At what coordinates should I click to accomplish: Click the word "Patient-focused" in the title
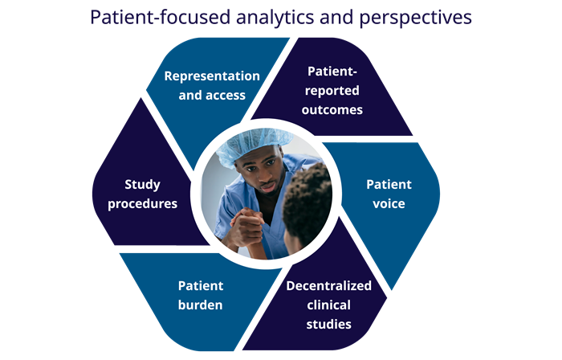click(160, 17)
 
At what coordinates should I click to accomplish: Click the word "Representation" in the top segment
click(212, 76)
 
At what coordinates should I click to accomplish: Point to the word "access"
click(227, 96)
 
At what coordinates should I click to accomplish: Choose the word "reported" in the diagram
click(332, 91)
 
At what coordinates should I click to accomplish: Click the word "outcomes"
click(332, 110)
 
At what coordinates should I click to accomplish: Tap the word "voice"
click(389, 203)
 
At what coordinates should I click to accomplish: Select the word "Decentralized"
click(328, 286)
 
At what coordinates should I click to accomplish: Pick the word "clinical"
click(328, 305)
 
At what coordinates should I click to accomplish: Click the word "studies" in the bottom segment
click(328, 324)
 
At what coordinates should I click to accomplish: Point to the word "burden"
click(201, 305)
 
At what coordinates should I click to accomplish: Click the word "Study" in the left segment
click(142, 185)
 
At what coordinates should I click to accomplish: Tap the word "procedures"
click(142, 204)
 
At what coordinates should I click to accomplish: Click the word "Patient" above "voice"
click(389, 184)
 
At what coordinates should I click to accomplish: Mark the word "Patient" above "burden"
click(201, 286)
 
